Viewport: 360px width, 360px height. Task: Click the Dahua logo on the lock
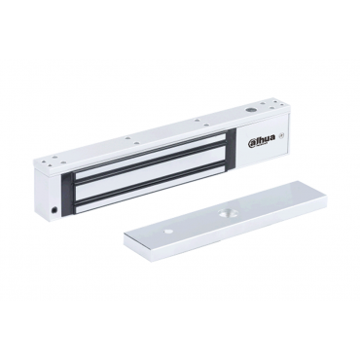pos(262,141)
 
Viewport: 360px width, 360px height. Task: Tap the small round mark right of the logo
pos(282,137)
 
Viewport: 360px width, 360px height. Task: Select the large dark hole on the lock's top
pos(249,111)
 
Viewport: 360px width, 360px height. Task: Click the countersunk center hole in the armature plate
pos(223,213)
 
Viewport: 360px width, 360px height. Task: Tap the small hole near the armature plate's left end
pos(167,232)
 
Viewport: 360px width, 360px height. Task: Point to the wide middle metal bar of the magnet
pos(152,170)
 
